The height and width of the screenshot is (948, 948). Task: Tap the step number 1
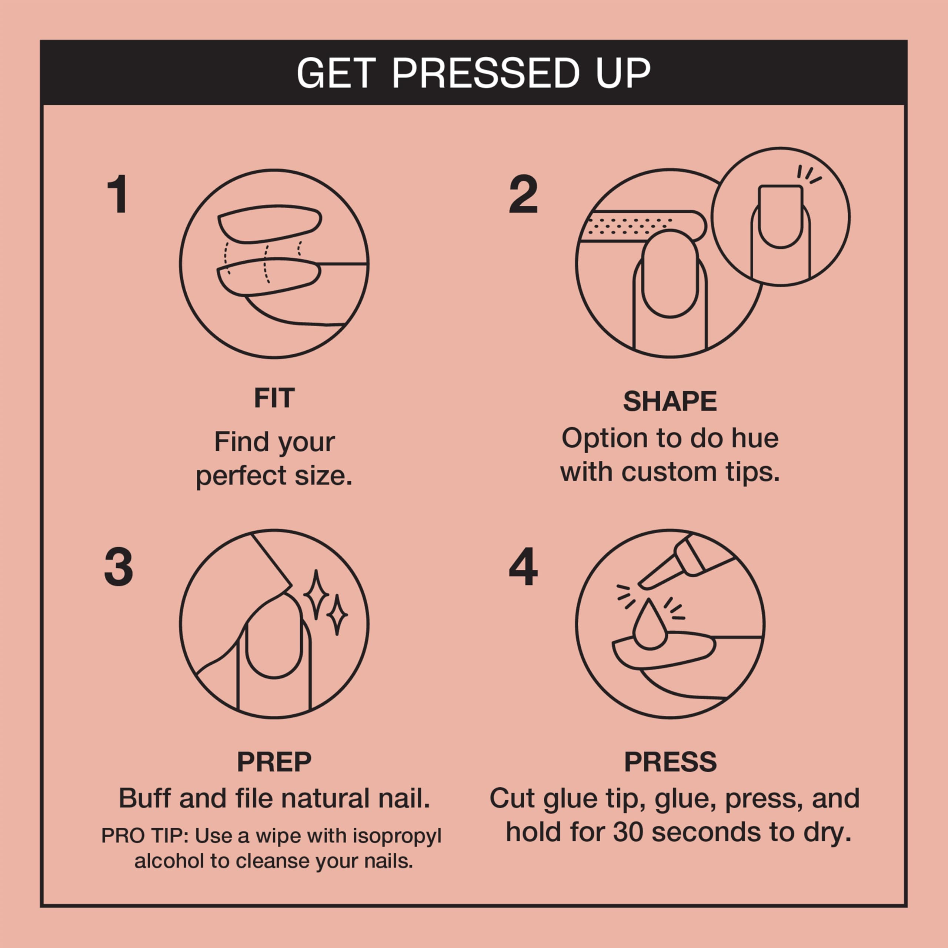118,195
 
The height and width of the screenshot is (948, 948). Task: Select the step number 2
523,195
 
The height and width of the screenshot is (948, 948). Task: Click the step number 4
523,567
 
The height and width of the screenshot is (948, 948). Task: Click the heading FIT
274,398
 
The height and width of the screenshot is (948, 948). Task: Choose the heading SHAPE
670,401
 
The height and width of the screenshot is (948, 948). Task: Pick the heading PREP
274,762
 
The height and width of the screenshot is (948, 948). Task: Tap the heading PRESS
670,762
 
